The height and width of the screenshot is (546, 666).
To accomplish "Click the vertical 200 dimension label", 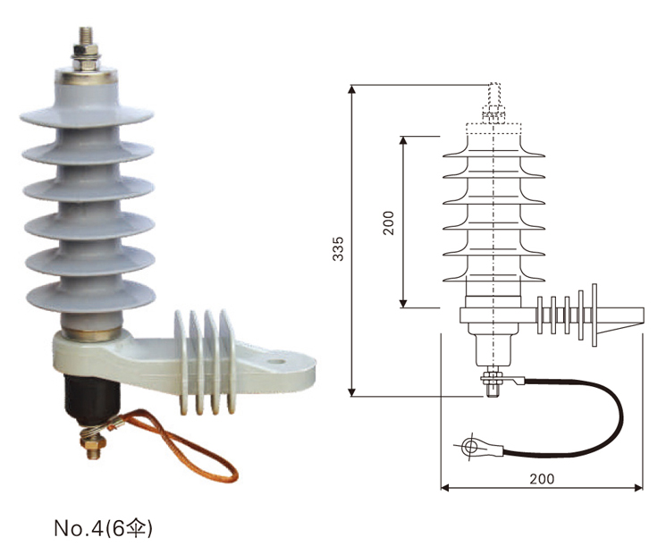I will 388,222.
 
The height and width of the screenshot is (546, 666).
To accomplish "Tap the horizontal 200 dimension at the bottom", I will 541,478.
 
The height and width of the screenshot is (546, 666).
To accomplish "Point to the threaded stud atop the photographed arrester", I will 88,45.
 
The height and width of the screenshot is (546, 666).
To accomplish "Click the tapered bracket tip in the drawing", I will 629,315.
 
